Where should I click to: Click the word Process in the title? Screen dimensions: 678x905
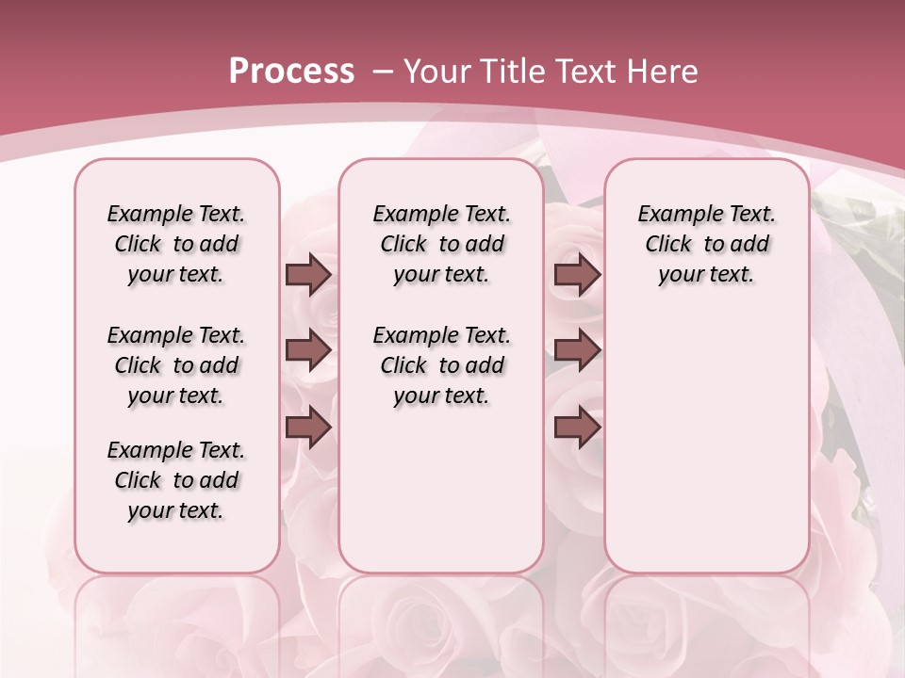coord(291,71)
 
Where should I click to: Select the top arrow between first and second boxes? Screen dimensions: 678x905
coord(308,274)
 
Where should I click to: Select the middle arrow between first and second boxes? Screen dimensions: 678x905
coord(308,350)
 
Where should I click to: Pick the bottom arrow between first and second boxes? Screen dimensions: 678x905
coord(308,428)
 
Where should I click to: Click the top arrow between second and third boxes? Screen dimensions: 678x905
coord(577,274)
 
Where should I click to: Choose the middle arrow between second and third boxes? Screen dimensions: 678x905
coord(577,350)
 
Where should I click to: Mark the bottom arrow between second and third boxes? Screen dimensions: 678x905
coord(577,428)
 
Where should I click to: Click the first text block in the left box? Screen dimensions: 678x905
coord(176,244)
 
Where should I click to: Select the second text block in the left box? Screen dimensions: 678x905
coord(176,365)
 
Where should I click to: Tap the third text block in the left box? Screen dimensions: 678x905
coord(176,480)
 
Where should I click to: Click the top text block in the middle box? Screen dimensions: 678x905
coord(441,244)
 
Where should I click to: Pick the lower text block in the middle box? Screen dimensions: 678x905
coord(441,365)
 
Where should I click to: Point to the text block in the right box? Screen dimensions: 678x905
coord(707,244)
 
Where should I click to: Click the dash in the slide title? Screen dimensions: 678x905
coord(383,72)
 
